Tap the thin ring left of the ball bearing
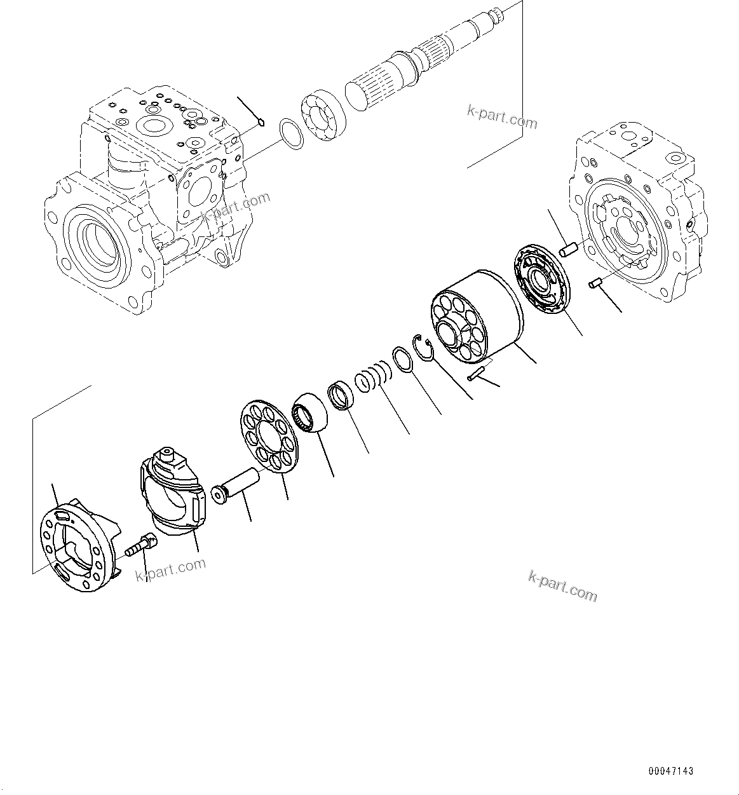[292, 135]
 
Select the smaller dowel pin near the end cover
[595, 283]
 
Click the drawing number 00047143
[670, 771]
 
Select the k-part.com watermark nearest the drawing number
[562, 585]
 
